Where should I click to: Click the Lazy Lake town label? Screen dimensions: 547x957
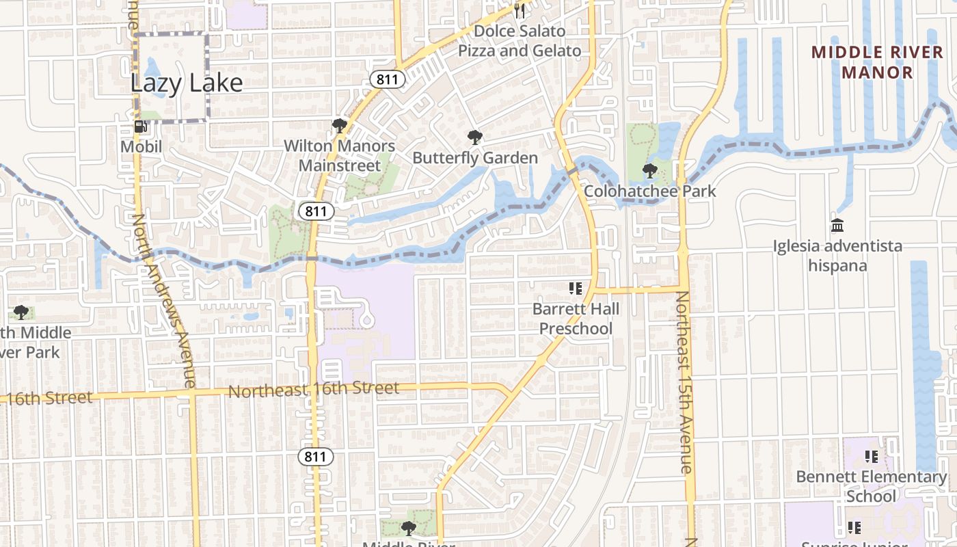point(187,83)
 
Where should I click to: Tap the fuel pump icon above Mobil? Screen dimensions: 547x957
point(141,126)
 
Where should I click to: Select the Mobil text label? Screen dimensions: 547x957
point(141,146)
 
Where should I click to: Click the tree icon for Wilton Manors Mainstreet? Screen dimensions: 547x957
point(338,126)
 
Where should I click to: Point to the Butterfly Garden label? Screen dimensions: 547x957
point(475,158)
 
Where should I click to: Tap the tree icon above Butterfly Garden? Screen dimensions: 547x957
point(474,137)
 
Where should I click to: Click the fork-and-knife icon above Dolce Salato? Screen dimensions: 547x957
point(520,10)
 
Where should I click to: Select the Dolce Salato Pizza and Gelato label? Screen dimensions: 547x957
point(520,41)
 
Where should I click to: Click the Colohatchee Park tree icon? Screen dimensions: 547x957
point(649,170)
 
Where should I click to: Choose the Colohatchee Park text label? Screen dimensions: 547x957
point(650,191)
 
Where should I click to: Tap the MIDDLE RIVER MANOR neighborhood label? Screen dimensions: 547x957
point(877,62)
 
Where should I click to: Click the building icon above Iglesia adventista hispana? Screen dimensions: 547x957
point(837,225)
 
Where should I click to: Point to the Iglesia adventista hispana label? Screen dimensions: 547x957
point(837,255)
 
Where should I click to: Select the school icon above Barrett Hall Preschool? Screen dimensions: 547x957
point(576,289)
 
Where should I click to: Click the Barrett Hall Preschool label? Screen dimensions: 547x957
point(576,319)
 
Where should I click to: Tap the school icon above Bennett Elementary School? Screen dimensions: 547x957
point(872,456)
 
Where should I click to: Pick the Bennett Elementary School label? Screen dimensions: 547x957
point(872,486)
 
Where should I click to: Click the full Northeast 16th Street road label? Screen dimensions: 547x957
point(313,390)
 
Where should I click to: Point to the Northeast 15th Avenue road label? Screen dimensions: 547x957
point(684,383)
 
